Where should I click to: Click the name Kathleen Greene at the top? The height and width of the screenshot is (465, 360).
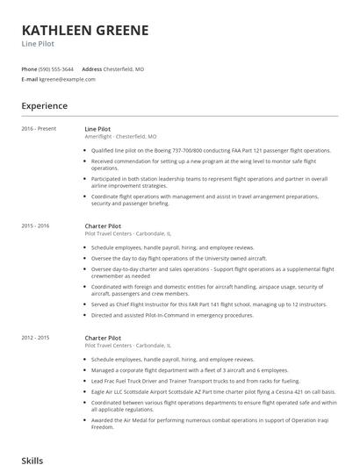tap(85, 30)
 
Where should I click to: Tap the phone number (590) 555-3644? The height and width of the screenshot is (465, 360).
tap(57, 68)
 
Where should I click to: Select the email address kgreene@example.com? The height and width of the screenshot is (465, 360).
tap(67, 79)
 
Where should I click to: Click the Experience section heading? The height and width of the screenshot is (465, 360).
tap(45, 106)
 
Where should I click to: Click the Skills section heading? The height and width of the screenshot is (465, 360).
tap(32, 459)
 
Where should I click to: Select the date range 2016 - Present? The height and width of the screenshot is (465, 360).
tap(39, 129)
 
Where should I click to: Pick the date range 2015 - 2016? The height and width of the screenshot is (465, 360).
tap(36, 225)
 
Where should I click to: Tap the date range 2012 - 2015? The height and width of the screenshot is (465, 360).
tap(36, 338)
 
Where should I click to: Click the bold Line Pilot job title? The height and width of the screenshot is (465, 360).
tap(97, 129)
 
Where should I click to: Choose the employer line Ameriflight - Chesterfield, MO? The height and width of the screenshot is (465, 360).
tap(120, 137)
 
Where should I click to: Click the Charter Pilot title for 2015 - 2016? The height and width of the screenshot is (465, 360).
tap(103, 225)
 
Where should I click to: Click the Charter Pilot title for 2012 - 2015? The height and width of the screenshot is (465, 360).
tap(103, 338)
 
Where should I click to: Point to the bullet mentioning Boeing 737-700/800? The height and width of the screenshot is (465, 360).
tap(211, 151)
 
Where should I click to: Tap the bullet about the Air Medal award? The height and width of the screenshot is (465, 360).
tap(211, 424)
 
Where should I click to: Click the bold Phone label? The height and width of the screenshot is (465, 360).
tap(30, 68)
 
